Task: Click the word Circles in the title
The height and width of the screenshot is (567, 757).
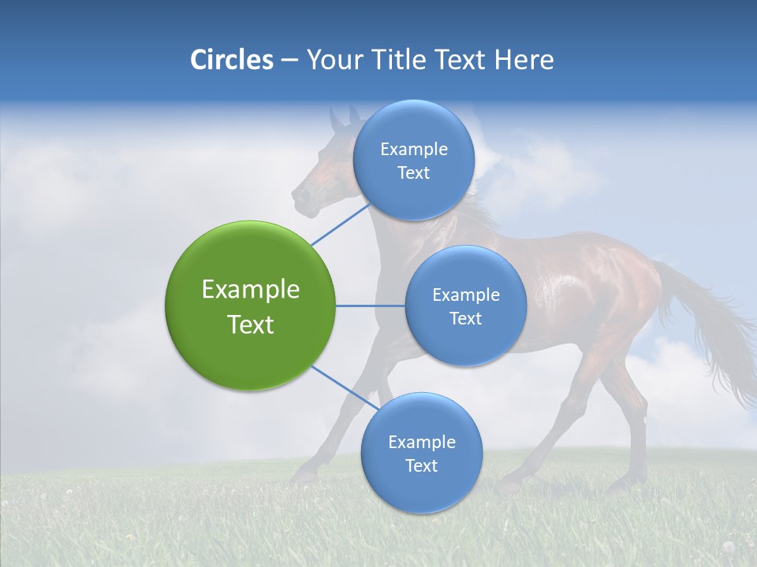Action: [x=231, y=60]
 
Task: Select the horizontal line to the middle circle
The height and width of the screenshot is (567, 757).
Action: [x=371, y=306]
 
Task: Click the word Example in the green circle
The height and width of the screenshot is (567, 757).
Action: [x=251, y=290]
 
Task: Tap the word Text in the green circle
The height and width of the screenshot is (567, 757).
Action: [x=251, y=324]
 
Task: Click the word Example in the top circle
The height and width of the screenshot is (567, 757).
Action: [x=414, y=150]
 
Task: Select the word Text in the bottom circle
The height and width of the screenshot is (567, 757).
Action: [x=421, y=466]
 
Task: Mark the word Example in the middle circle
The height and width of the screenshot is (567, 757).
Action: [x=466, y=295]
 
